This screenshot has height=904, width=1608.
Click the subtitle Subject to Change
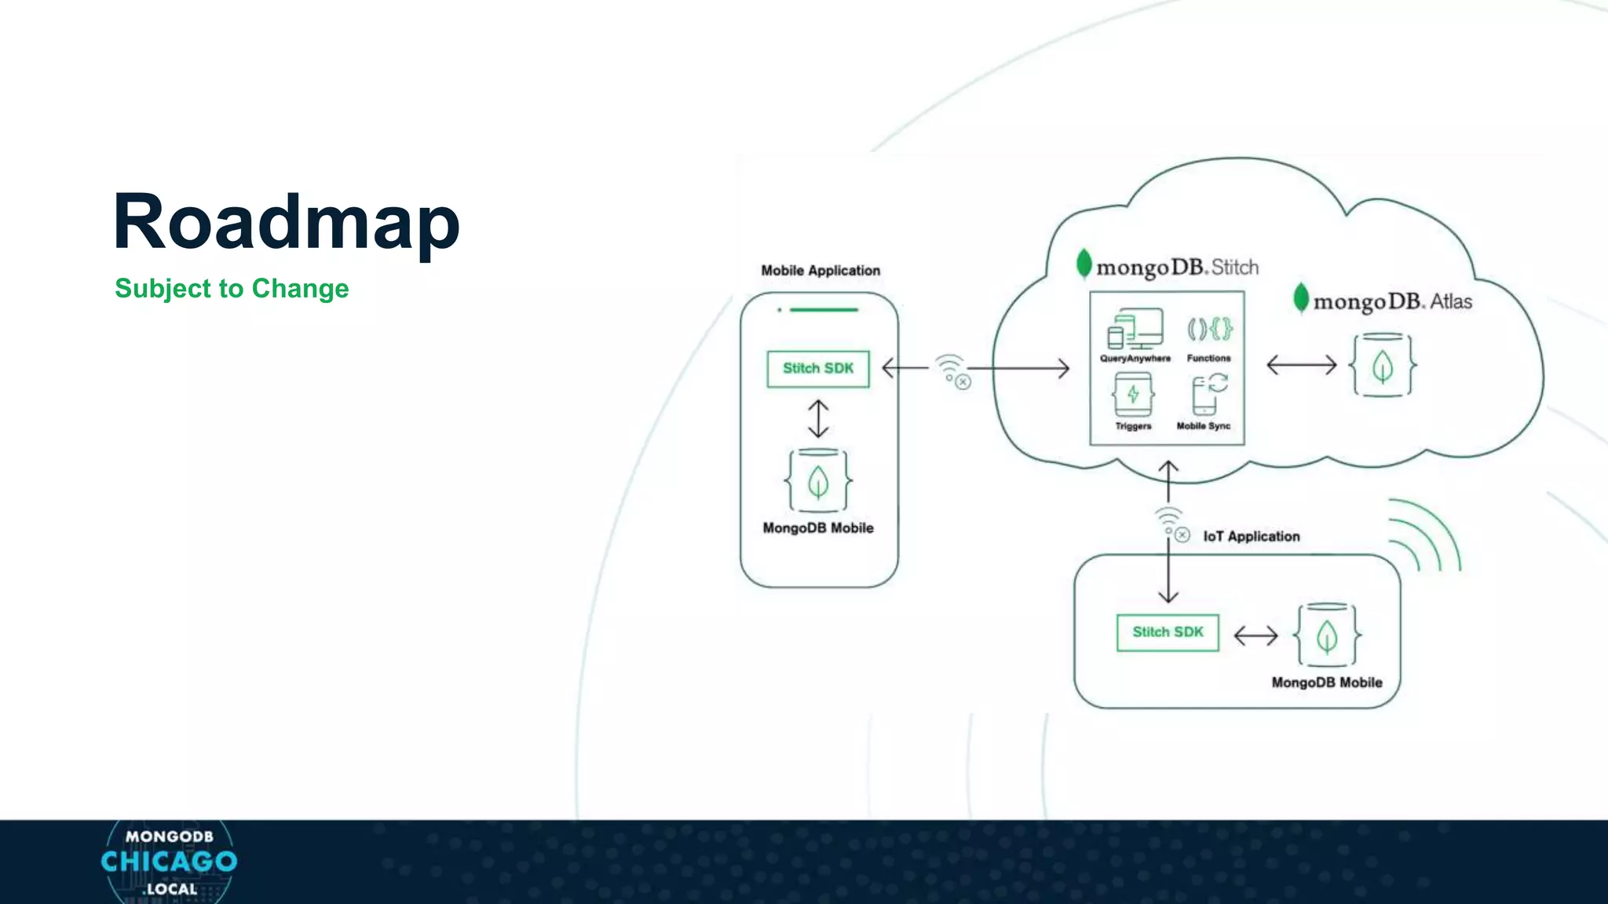pyautogui.click(x=232, y=289)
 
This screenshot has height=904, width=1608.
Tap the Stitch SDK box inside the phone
pyautogui.click(x=817, y=369)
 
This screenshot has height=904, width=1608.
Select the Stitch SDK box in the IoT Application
pyautogui.click(x=1168, y=632)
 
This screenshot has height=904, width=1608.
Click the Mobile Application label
pyautogui.click(x=820, y=271)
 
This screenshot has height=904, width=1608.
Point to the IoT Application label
pyautogui.click(x=1251, y=537)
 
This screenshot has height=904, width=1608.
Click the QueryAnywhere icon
pyautogui.click(x=1135, y=329)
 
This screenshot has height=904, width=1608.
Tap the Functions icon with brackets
pyautogui.click(x=1209, y=329)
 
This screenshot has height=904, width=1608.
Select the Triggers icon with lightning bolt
pyautogui.click(x=1133, y=395)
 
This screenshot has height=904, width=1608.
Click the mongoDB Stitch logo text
pyautogui.click(x=1168, y=267)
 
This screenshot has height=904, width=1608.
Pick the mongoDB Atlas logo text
pyautogui.click(x=1383, y=301)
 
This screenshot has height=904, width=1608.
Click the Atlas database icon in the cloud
pyautogui.click(x=1383, y=365)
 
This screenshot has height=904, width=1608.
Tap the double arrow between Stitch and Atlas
pyautogui.click(x=1301, y=365)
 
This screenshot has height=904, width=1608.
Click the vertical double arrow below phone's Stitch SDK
pyautogui.click(x=818, y=418)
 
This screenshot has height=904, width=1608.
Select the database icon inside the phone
pyautogui.click(x=818, y=481)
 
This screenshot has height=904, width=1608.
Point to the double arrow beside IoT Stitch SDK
pyautogui.click(x=1255, y=635)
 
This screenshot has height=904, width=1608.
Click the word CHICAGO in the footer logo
pyautogui.click(x=169, y=862)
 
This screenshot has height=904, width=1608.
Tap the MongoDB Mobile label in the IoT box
pyautogui.click(x=1326, y=683)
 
